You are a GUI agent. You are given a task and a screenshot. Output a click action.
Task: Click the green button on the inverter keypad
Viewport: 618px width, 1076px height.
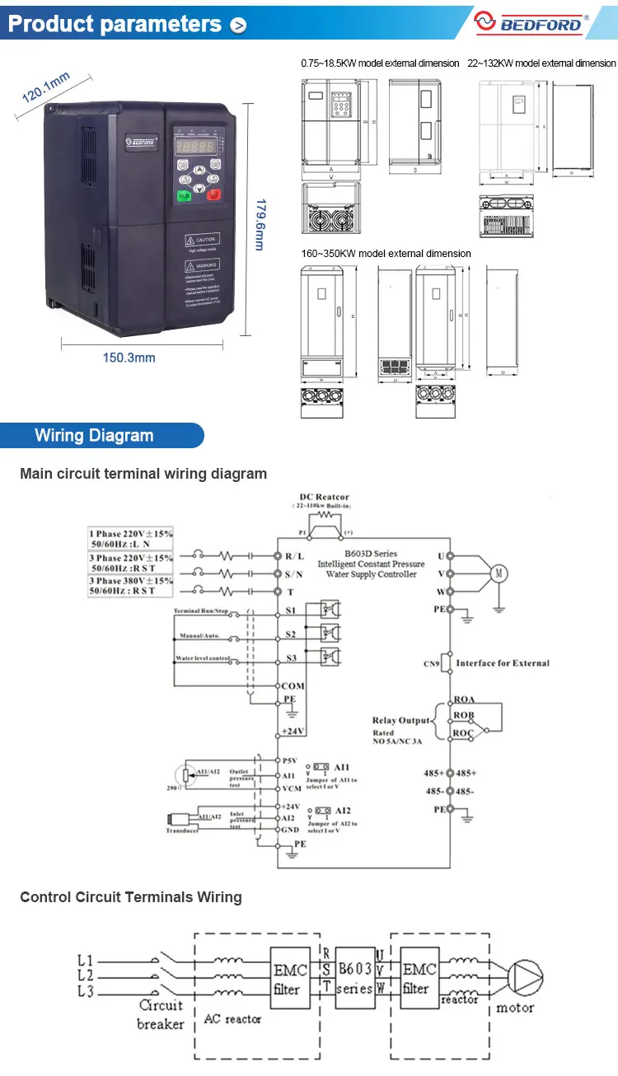183,197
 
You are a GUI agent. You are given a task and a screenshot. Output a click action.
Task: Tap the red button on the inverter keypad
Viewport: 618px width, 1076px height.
214,196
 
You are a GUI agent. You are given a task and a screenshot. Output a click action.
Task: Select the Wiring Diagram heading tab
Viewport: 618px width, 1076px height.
94,436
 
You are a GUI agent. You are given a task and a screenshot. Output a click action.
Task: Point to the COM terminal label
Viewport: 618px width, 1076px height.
293,685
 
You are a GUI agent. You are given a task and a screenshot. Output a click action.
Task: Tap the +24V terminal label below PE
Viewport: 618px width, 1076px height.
293,731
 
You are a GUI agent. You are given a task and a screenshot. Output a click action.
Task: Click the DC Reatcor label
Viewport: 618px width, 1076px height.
324,497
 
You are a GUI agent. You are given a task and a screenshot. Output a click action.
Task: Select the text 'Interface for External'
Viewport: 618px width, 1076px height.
503,662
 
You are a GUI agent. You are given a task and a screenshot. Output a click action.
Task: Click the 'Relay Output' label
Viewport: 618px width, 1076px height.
401,720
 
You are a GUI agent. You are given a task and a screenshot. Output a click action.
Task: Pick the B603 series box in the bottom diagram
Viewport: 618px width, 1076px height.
355,979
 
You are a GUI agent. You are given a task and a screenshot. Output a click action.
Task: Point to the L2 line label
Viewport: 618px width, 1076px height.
85,975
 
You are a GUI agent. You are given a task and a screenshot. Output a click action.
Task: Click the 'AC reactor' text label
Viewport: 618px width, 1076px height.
232,1019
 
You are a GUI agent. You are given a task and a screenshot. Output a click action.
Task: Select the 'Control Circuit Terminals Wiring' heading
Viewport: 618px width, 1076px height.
131,896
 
